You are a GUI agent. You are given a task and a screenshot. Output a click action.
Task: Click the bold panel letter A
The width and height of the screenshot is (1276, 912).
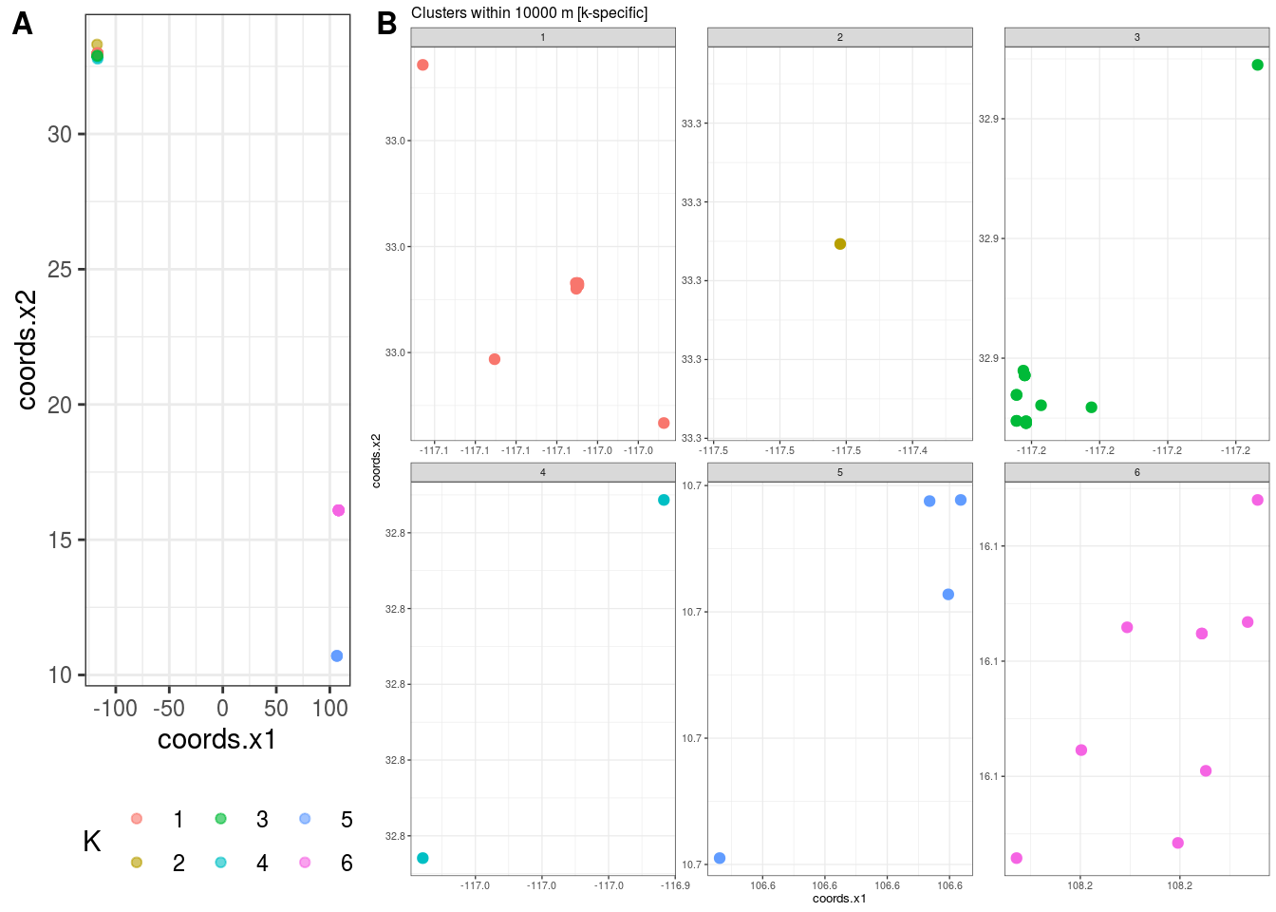[x=22, y=24]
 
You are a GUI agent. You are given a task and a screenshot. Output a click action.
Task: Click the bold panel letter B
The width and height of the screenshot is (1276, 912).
[x=386, y=24]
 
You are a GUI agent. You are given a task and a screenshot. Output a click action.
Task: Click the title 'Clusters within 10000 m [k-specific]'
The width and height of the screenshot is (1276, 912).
[x=529, y=13]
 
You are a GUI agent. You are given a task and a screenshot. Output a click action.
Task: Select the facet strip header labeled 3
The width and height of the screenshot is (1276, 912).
[x=1136, y=38]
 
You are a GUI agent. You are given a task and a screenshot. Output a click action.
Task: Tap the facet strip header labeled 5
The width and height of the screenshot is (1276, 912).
[x=839, y=473]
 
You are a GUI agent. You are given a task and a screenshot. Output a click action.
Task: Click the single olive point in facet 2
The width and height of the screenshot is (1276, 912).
[x=840, y=244]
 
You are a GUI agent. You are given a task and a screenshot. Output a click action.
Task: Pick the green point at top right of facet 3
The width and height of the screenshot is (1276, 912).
[x=1258, y=66]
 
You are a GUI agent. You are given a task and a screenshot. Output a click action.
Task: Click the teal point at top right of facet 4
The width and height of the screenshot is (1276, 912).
[x=664, y=500]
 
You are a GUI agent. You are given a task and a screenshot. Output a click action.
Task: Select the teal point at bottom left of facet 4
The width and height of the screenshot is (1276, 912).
[x=423, y=858]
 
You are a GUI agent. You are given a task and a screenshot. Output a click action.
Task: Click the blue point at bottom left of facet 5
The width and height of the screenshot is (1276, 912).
[x=720, y=858]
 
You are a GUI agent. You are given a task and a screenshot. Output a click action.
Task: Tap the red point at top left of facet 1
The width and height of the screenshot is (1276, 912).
[x=423, y=66]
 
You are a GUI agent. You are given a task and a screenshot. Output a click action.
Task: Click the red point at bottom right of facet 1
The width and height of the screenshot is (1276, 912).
[x=664, y=423]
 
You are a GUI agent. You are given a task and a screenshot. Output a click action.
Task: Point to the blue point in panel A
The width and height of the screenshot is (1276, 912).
[x=337, y=655]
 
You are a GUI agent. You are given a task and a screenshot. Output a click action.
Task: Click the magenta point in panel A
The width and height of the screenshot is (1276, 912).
[x=338, y=510]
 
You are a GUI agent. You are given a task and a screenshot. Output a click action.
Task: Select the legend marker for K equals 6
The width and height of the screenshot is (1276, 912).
[x=305, y=863]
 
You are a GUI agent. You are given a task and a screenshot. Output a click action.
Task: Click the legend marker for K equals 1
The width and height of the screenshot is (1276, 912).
[x=137, y=819]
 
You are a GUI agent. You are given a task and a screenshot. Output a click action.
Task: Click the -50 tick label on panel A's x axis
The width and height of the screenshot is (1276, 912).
[x=169, y=708]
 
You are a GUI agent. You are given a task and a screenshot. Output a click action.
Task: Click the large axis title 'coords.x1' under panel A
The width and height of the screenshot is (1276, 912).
[x=216, y=739]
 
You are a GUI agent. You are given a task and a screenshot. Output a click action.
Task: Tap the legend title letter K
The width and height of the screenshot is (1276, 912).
[x=92, y=841]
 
